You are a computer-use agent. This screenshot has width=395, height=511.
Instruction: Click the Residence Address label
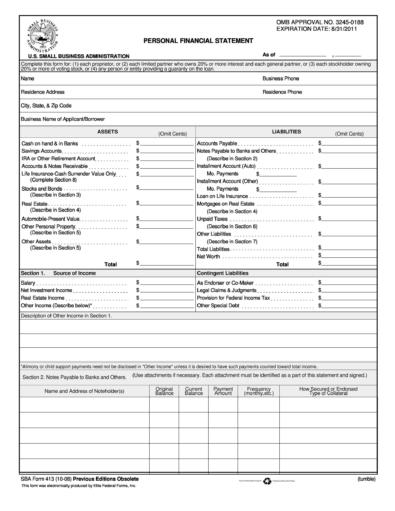[x=44, y=91]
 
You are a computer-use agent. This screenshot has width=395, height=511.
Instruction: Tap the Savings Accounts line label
[x=41, y=151]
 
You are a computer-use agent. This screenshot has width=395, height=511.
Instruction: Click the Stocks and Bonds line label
[x=41, y=187]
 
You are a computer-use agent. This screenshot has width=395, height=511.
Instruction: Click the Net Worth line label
[x=209, y=256]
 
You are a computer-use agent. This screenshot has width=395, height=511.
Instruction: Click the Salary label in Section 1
[x=28, y=283]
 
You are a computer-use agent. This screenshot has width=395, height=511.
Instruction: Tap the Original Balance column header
[x=165, y=390]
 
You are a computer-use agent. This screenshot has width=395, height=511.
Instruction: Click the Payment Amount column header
[x=223, y=390]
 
